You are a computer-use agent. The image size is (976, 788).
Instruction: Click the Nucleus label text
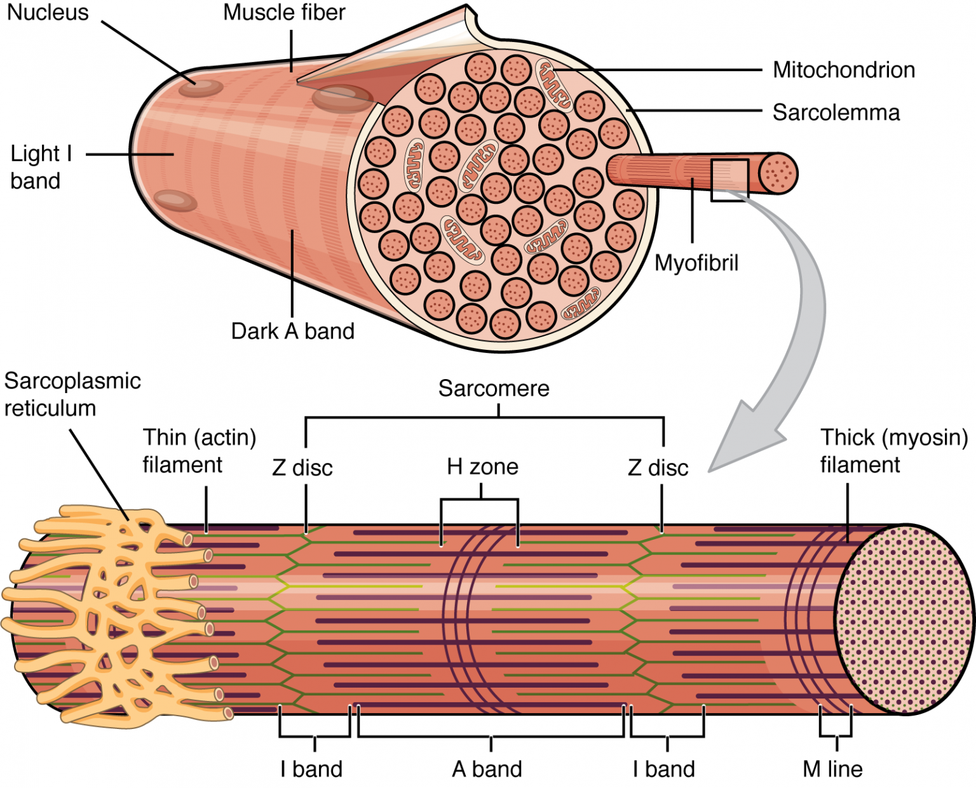tap(48, 13)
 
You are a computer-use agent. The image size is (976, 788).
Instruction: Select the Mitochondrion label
tap(843, 70)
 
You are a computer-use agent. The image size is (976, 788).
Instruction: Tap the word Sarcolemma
tap(836, 113)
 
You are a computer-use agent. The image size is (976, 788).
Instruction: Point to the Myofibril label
tap(696, 263)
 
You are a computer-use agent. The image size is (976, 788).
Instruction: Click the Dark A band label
tap(292, 331)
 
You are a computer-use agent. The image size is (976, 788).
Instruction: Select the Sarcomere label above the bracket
tap(494, 389)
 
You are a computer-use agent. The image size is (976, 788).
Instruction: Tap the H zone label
tap(482, 467)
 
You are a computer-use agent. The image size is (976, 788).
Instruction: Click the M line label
tap(832, 769)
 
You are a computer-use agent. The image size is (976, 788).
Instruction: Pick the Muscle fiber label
tap(284, 13)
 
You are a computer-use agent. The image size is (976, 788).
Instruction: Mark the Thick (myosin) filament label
tap(893, 451)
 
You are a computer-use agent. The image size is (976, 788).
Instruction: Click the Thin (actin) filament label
tap(199, 451)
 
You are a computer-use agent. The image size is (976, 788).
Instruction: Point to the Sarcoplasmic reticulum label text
tap(71, 394)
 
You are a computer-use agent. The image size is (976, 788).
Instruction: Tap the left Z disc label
tap(302, 468)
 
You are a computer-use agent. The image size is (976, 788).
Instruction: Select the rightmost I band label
tap(663, 769)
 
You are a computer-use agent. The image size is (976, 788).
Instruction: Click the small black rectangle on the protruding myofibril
tap(729, 180)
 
